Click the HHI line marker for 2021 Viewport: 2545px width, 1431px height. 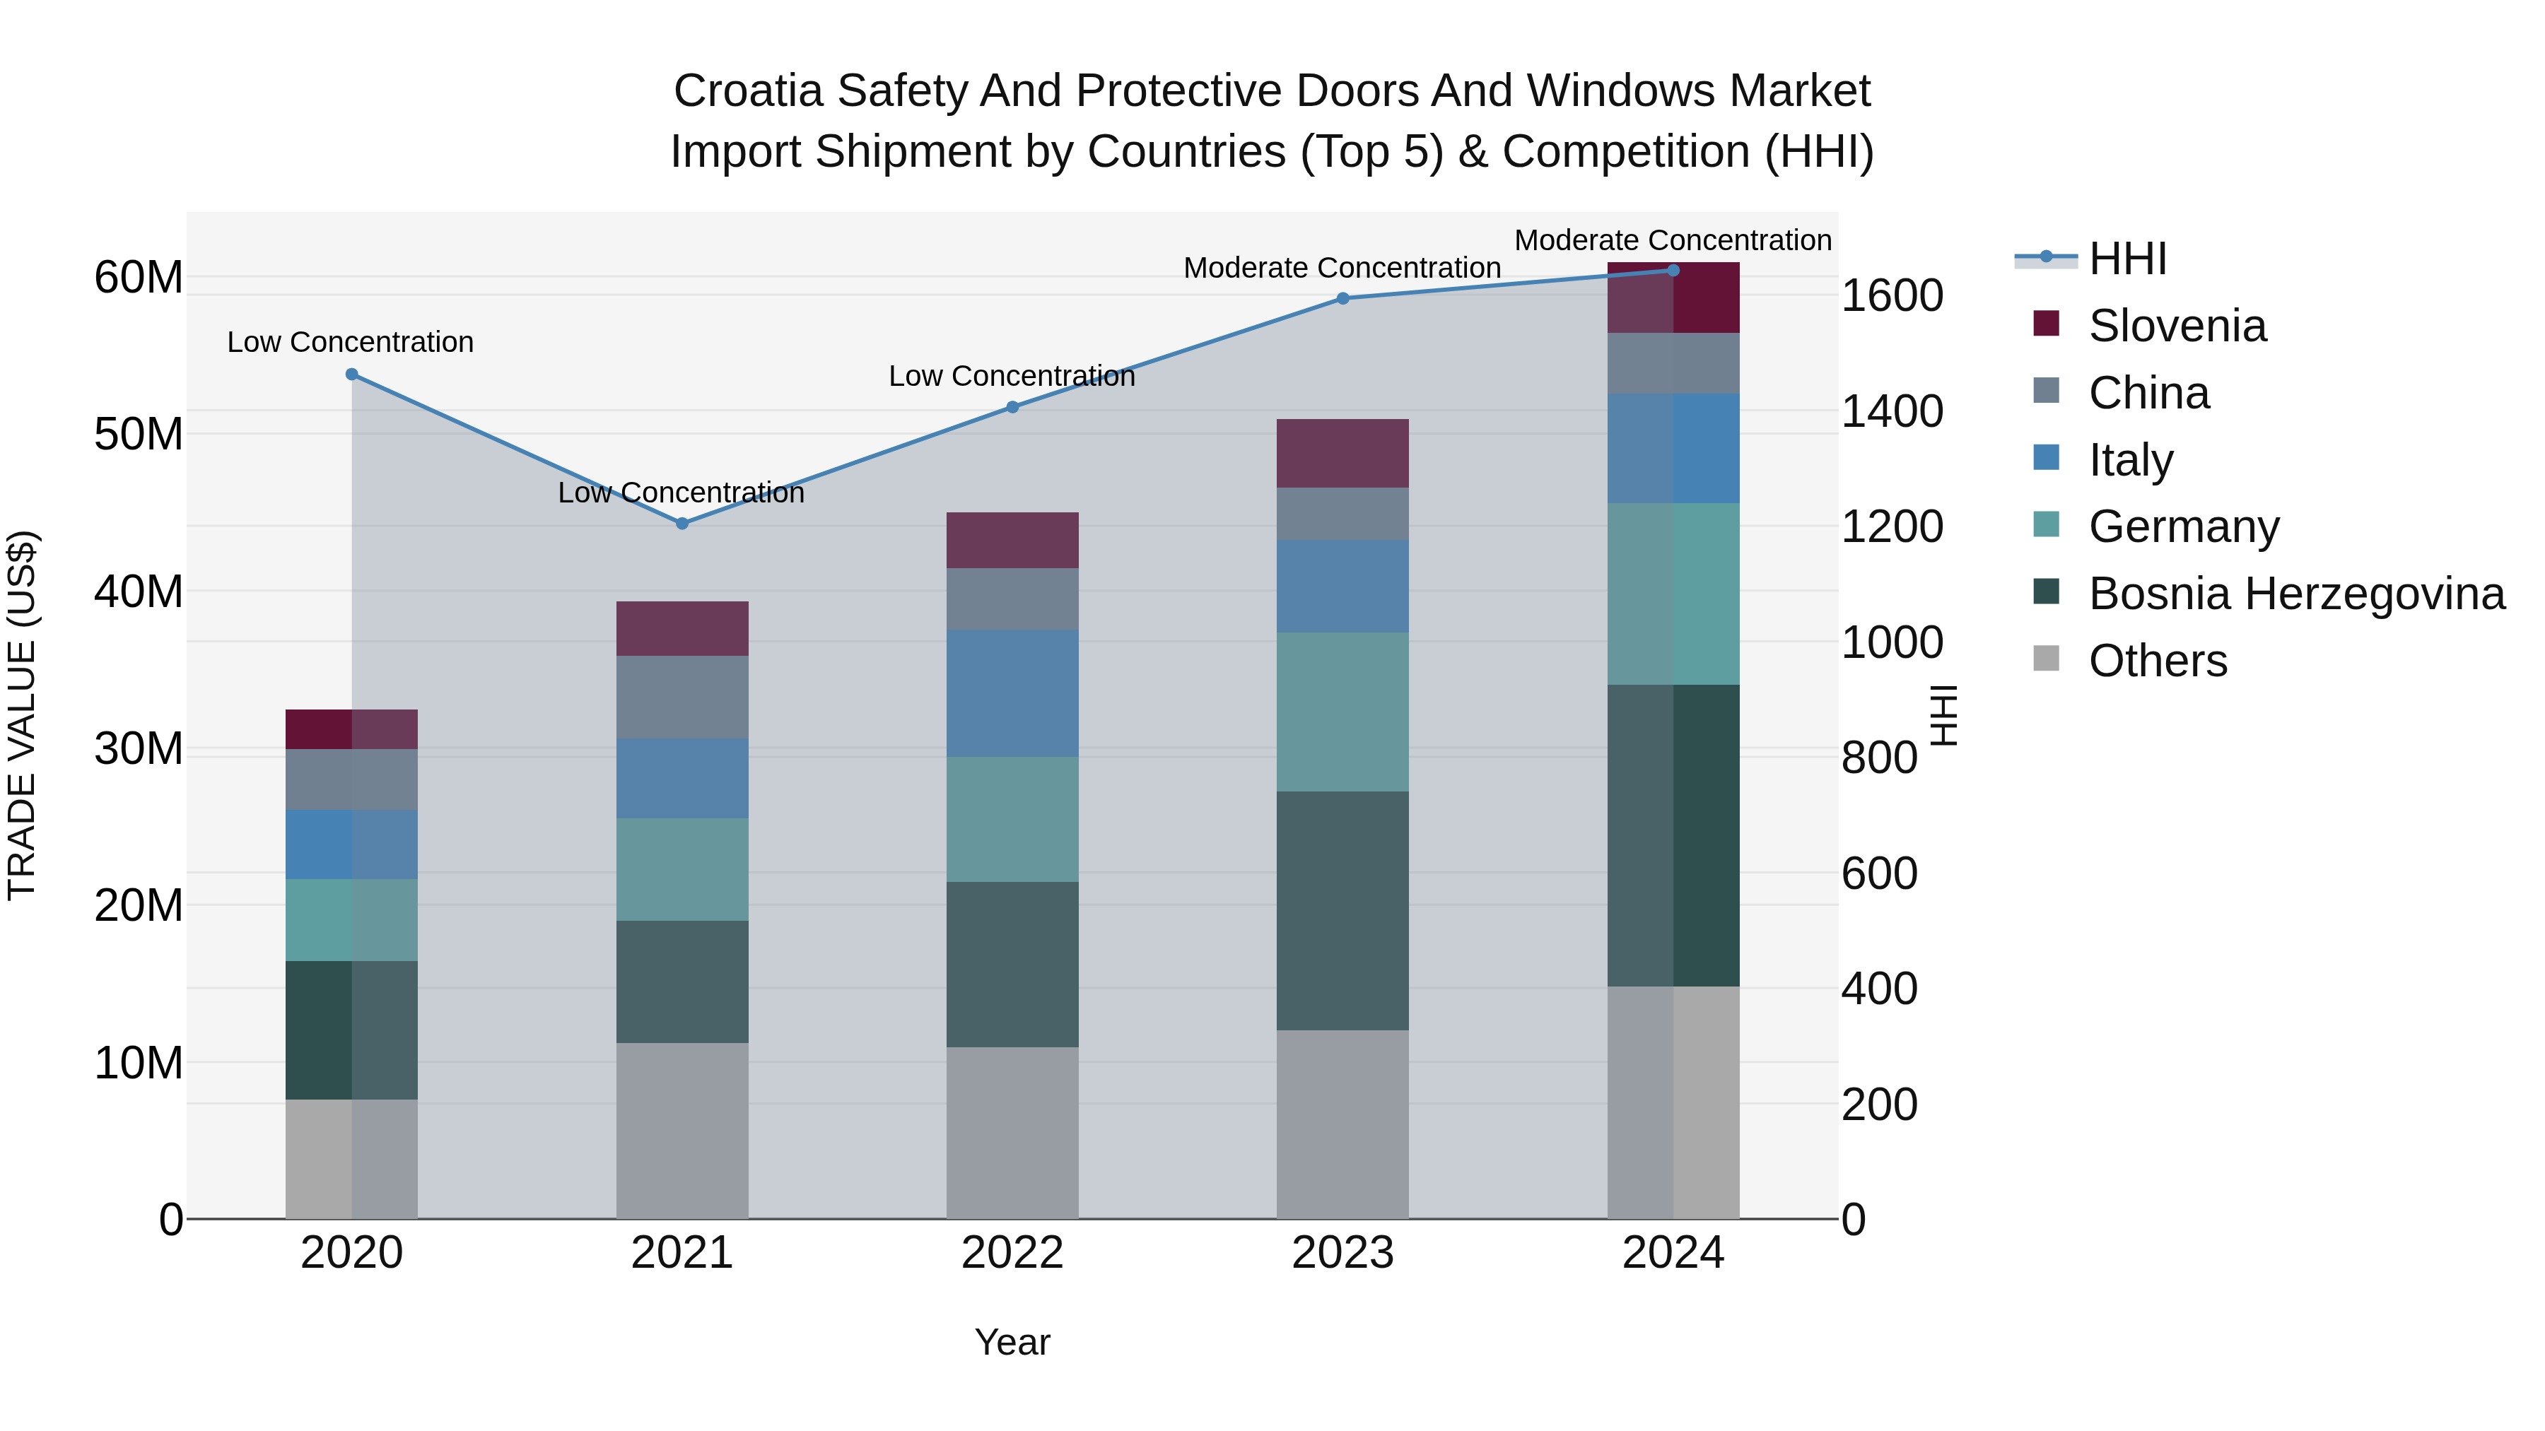coord(681,524)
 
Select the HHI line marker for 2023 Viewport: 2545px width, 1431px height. coord(1342,298)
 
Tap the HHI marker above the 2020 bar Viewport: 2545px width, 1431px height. coord(352,375)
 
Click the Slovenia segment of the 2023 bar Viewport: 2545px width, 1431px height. coord(1342,453)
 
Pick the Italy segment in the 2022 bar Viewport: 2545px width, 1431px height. coord(1012,693)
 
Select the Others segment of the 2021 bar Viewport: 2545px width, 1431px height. coord(681,1130)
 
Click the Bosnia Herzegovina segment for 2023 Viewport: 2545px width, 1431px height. coord(1342,911)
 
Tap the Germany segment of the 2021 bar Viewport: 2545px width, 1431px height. coord(681,869)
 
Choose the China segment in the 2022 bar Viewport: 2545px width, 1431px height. coord(1012,599)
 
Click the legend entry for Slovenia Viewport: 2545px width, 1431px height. coord(2177,326)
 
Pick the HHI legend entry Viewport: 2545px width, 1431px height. coord(2127,259)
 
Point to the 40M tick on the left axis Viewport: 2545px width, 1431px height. coord(139,591)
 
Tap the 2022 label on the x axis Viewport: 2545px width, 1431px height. coord(1012,1253)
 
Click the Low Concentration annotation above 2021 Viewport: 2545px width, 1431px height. coord(681,492)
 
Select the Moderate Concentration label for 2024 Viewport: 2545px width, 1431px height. coord(1673,240)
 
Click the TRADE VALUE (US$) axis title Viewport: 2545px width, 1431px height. coord(22,715)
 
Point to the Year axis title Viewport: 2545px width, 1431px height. coord(1012,1342)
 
